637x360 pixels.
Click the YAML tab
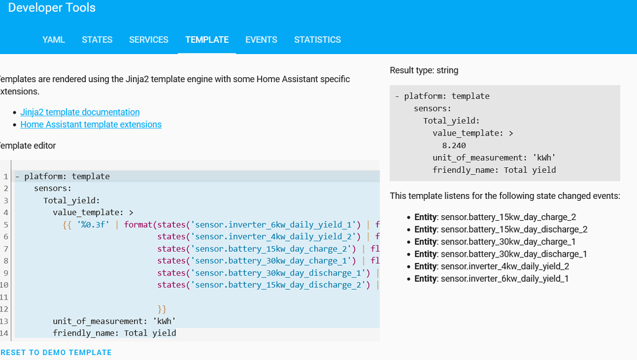[x=53, y=40]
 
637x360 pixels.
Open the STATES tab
[x=97, y=40]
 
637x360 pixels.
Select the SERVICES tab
[x=149, y=40]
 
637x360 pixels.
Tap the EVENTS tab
[x=261, y=40]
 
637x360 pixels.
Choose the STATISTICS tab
[x=317, y=40]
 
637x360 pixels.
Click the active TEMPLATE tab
[x=207, y=40]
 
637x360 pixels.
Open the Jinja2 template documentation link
[x=80, y=113]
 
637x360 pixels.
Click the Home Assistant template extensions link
[x=91, y=124]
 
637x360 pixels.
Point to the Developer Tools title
[x=52, y=8]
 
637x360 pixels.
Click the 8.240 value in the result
[x=454, y=145]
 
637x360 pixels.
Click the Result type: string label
[x=424, y=70]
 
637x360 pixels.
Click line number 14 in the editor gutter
[x=5, y=333]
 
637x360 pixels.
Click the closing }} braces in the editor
[x=162, y=309]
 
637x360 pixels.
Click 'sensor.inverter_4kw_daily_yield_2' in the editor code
[x=276, y=237]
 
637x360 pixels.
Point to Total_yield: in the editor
[x=72, y=201]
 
